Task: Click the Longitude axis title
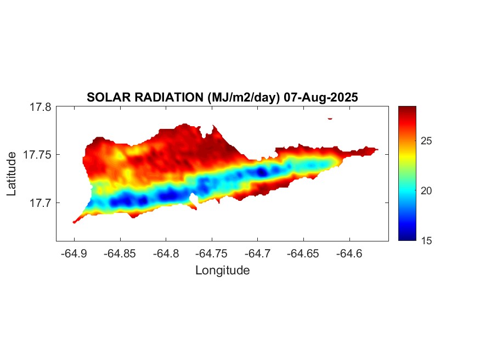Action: [x=222, y=270]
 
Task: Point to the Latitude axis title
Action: [x=12, y=174]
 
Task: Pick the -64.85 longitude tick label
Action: [x=121, y=254]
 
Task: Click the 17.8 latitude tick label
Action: [x=40, y=108]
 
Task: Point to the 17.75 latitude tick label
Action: [x=37, y=155]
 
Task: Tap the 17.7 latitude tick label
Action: [x=40, y=203]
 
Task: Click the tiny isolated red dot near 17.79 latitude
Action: [x=330, y=118]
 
